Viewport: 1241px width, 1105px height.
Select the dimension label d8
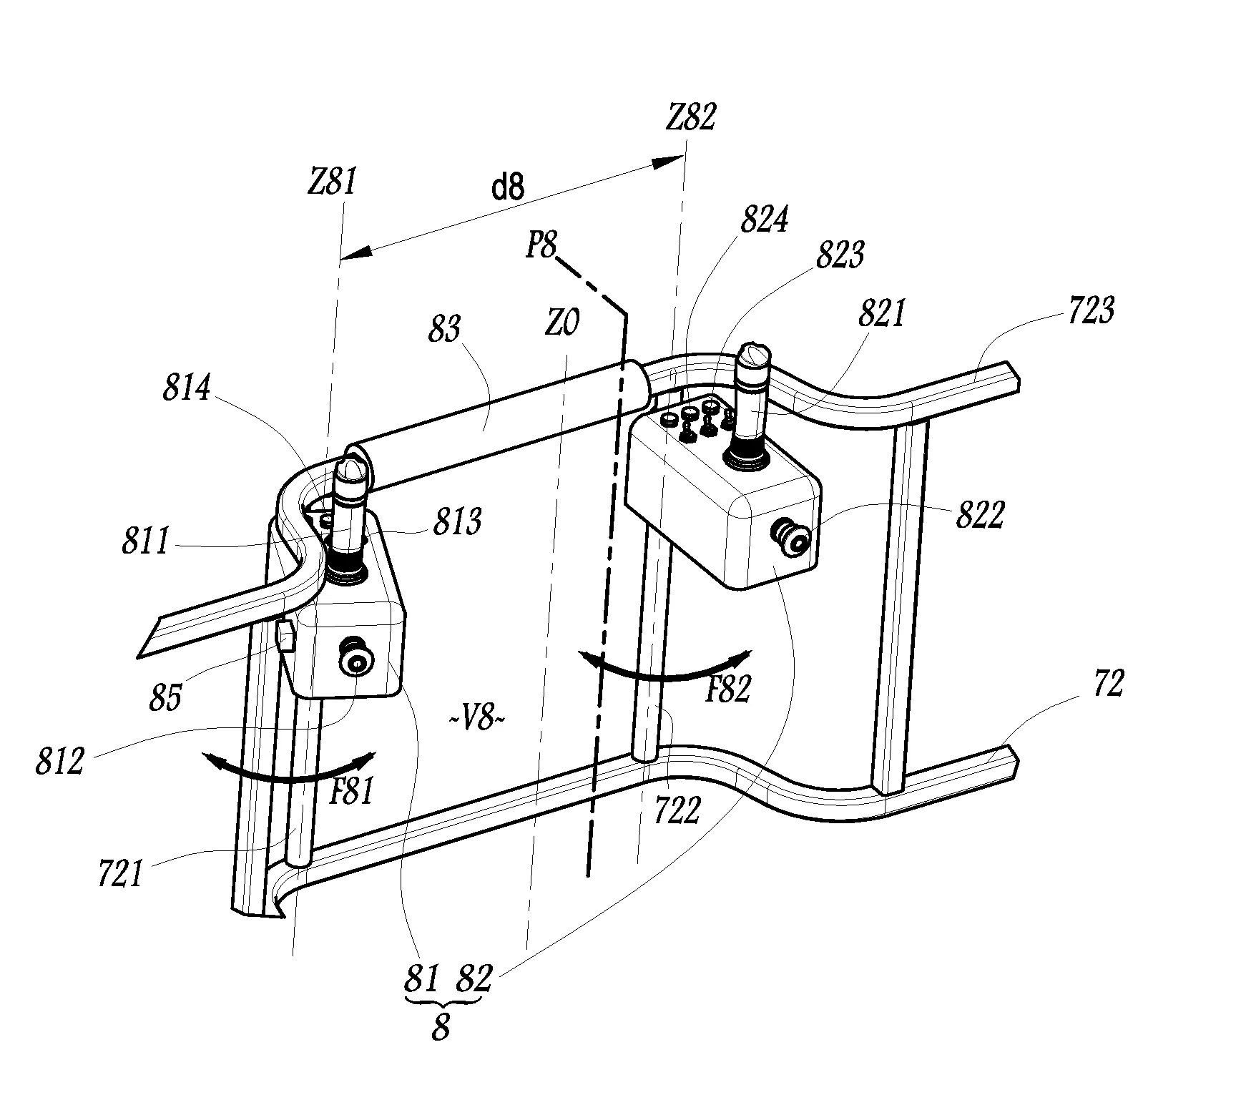507,187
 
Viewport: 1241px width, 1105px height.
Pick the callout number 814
186,389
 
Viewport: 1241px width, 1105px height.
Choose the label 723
1090,313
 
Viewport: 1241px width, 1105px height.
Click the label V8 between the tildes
476,719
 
